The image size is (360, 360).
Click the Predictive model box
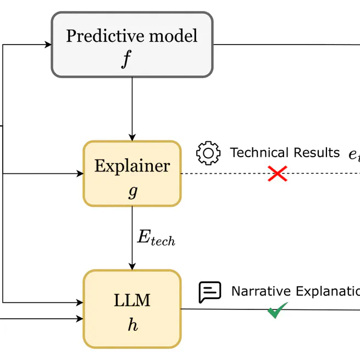[132, 45]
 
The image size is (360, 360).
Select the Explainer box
[132, 173]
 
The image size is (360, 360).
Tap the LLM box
[132, 308]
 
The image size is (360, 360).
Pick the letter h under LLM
[132, 325]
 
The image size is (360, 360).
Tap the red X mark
[278, 174]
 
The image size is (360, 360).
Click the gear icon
[208, 153]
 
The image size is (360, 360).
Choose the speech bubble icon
[209, 292]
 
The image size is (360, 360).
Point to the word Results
[315, 153]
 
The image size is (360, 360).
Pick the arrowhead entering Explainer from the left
[79, 174]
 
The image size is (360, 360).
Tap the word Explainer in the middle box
[132, 165]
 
